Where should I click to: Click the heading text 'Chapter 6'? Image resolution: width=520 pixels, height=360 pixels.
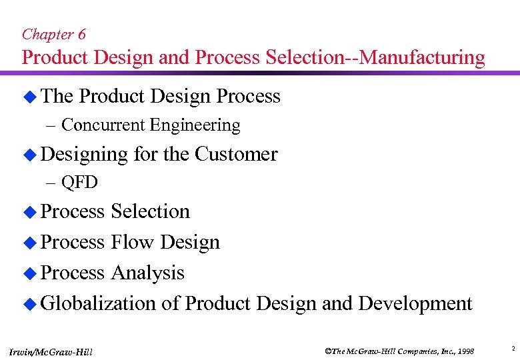click(x=53, y=34)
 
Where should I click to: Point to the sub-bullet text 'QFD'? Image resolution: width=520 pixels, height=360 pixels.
click(x=79, y=183)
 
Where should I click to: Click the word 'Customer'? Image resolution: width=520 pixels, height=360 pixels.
click(x=236, y=154)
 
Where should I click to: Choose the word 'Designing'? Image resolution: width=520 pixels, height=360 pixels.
click(x=84, y=155)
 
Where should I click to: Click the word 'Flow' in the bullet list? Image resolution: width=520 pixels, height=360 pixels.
click(x=132, y=242)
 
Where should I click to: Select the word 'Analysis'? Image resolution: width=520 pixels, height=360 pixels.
click(x=147, y=273)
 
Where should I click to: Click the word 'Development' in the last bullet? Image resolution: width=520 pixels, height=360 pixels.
click(x=415, y=303)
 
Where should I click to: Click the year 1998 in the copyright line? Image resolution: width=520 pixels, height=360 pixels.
click(x=464, y=351)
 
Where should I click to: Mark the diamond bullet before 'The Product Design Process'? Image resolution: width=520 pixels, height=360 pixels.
click(x=29, y=97)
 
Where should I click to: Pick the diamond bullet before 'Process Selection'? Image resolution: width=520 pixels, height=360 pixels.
click(x=29, y=213)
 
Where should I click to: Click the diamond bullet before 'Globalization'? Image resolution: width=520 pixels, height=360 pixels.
click(x=29, y=305)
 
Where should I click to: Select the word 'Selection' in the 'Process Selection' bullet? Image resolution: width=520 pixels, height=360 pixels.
click(x=151, y=211)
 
